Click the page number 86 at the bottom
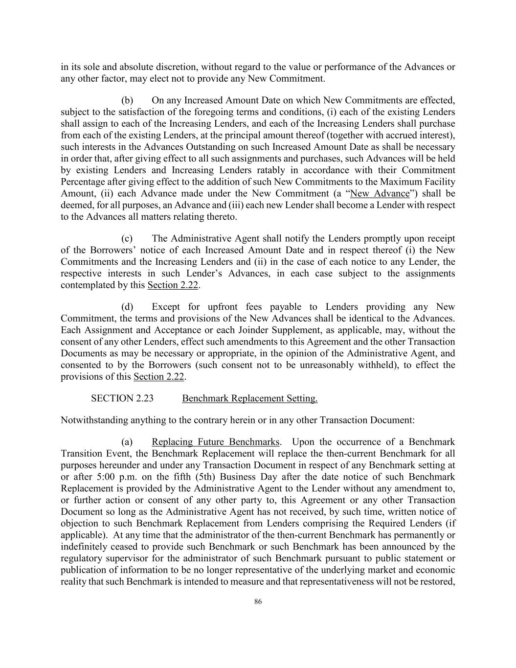click(x=258, y=602)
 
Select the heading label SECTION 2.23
click(x=122, y=398)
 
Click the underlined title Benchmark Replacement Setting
click(x=249, y=398)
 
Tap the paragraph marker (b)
click(x=127, y=100)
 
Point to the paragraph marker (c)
click(x=127, y=238)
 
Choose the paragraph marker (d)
click(x=127, y=307)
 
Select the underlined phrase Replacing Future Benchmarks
click(x=216, y=442)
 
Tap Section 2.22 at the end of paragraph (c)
click(x=173, y=285)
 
